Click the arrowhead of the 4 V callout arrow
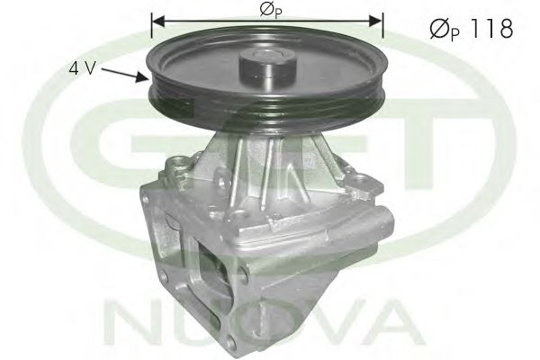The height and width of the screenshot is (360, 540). (x=146, y=80)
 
